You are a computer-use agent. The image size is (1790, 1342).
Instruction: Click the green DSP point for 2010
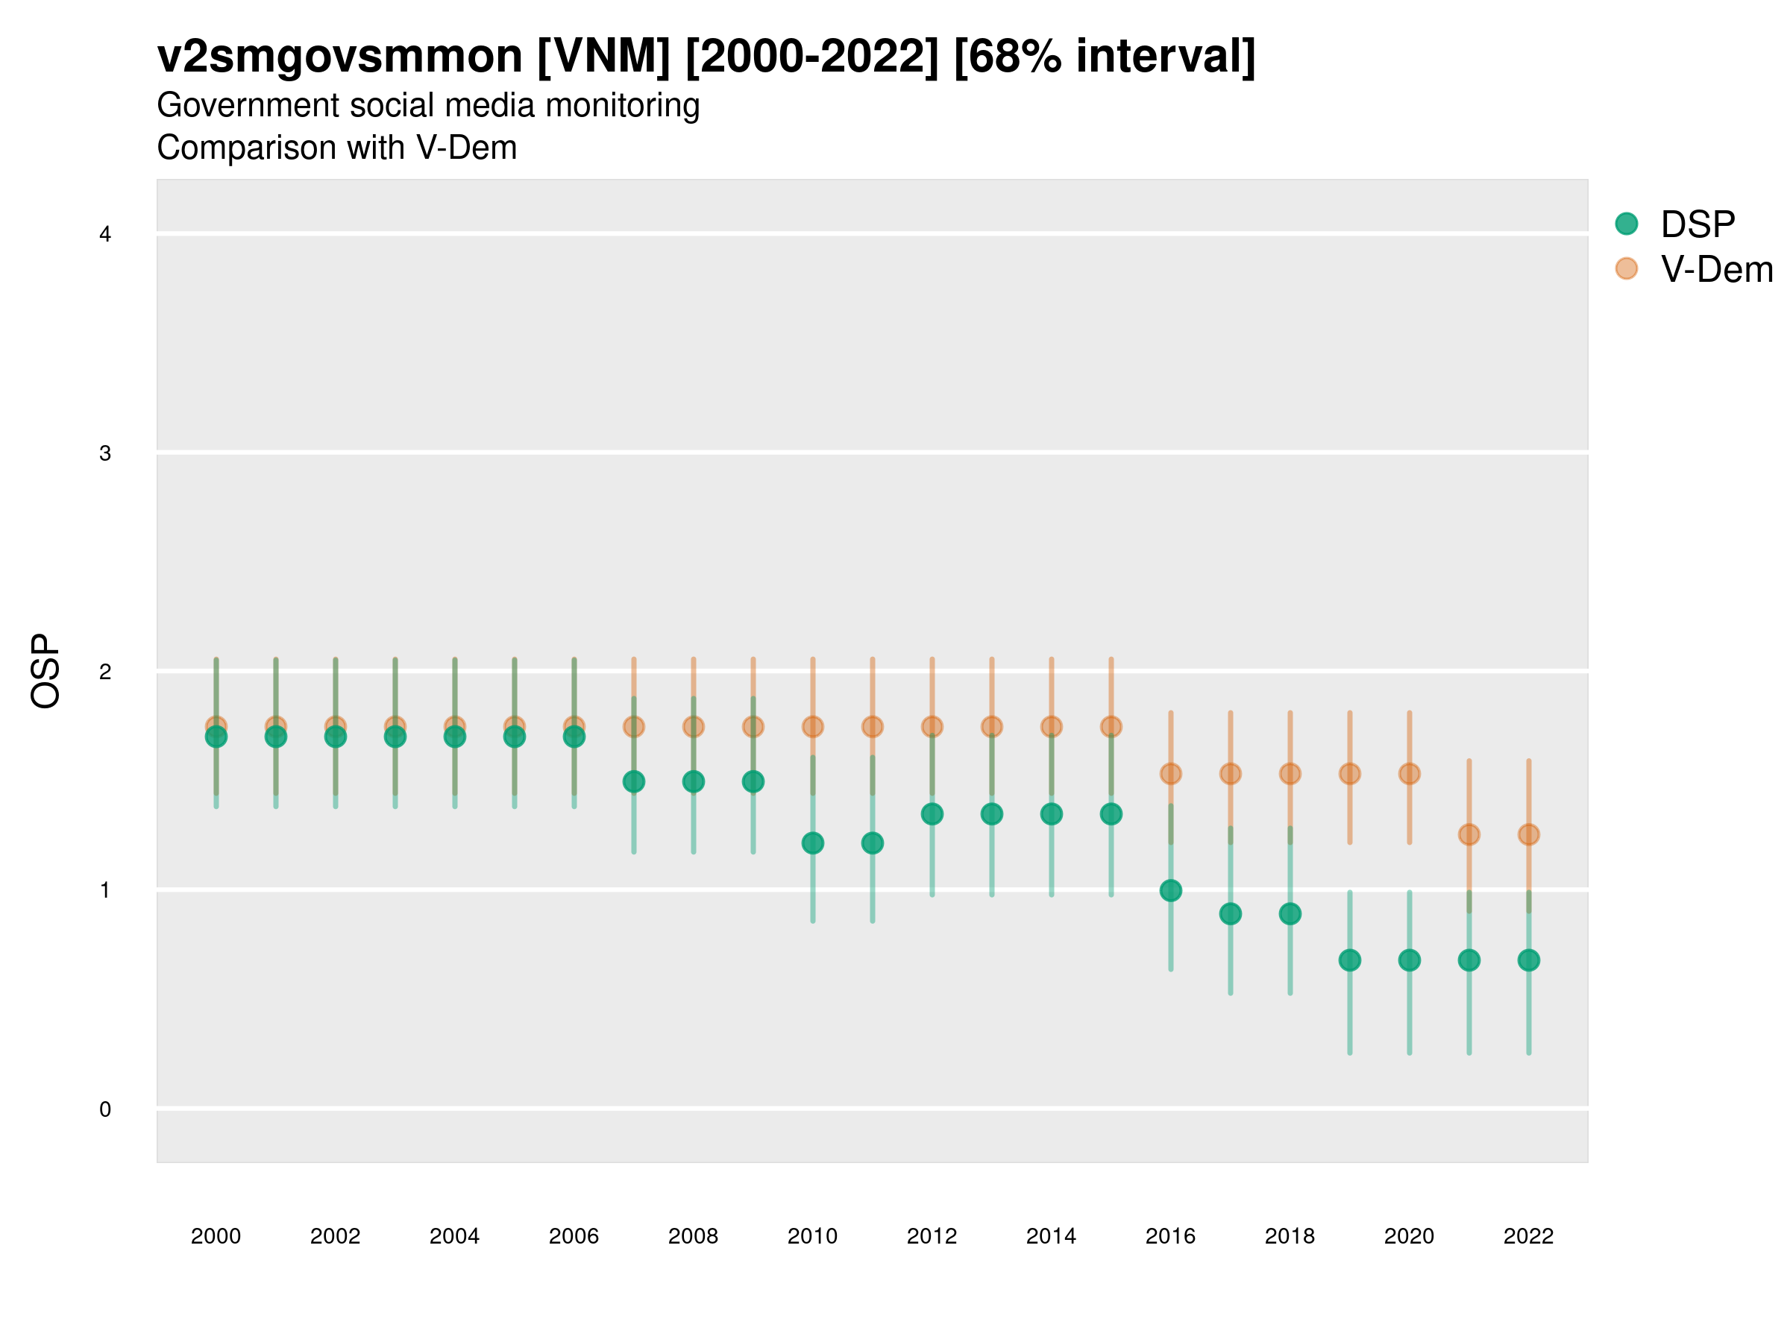click(812, 843)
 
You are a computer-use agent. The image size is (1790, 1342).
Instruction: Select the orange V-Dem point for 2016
click(1170, 773)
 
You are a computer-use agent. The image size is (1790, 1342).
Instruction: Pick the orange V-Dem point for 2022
click(1527, 834)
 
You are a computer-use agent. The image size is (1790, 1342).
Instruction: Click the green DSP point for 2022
click(1527, 960)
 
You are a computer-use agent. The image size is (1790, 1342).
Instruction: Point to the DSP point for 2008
click(694, 781)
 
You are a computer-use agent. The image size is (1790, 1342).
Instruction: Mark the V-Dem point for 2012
click(932, 726)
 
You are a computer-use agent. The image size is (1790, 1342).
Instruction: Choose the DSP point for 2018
click(1290, 913)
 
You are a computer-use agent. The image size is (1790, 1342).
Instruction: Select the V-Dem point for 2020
click(1409, 773)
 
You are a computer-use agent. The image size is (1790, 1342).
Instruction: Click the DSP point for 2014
click(1051, 814)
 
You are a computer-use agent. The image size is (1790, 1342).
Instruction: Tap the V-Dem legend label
click(1716, 269)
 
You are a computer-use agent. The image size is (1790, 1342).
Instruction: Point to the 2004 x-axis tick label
click(454, 1236)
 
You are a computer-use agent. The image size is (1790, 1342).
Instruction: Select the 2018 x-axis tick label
click(1290, 1236)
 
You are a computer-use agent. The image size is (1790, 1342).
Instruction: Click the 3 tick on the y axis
click(105, 453)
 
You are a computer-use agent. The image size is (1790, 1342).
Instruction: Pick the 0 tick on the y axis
click(105, 1109)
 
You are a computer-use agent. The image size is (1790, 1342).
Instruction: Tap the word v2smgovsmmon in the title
click(340, 57)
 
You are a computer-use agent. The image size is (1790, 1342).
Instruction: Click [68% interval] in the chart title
click(1105, 57)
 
